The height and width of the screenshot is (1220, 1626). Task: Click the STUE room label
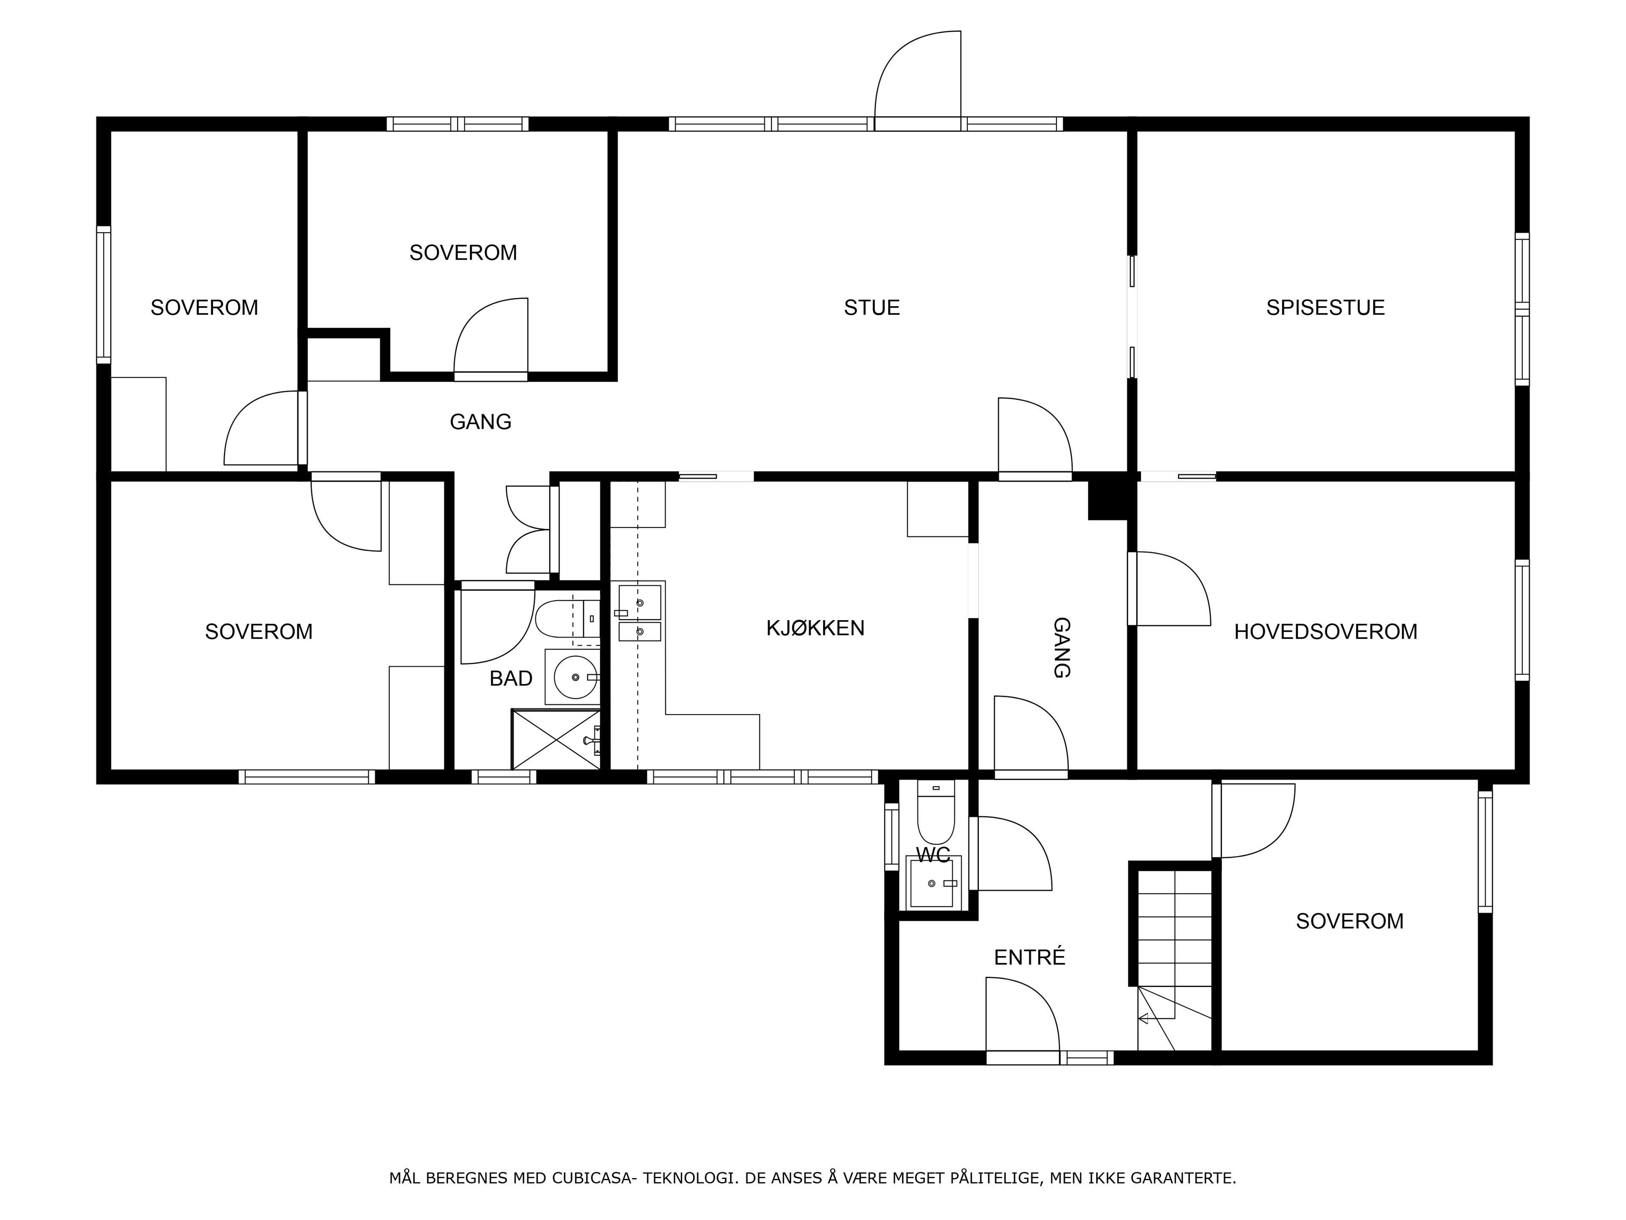872,308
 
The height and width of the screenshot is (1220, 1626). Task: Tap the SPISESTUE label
1325,308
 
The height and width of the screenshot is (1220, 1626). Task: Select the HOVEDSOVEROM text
1325,632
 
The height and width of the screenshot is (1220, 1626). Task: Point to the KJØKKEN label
815,628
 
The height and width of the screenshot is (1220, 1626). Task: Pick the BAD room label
511,679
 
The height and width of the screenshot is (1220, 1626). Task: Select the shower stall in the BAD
556,739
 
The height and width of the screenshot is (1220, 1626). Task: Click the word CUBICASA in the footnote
593,1178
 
